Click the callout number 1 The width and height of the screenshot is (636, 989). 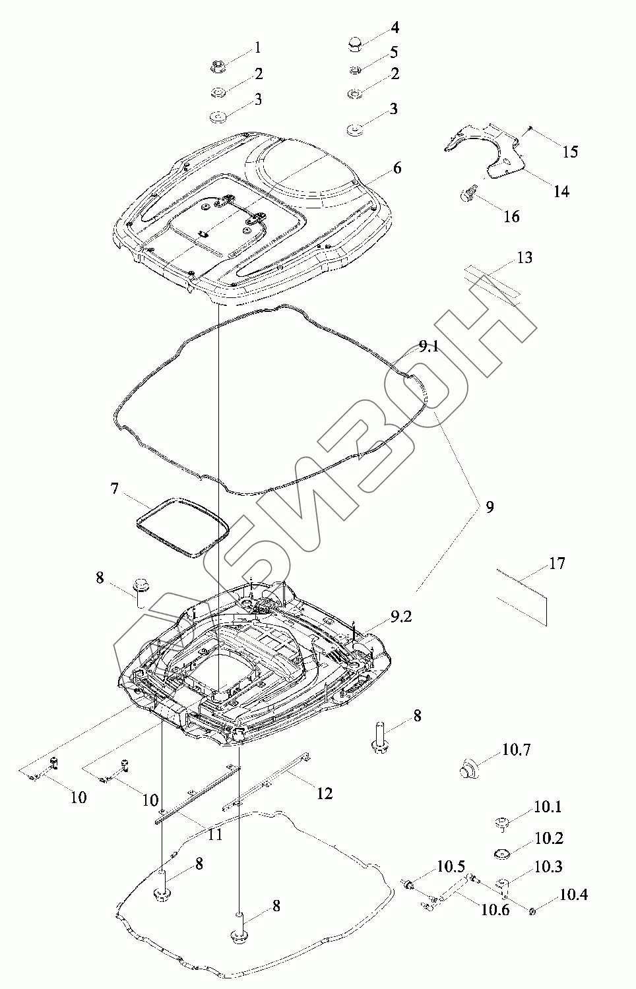[x=257, y=48]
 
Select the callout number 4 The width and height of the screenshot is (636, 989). [x=395, y=28]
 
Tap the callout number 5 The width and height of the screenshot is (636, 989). [x=395, y=51]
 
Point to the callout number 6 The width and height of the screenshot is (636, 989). [x=397, y=168]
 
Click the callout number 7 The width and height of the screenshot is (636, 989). [x=114, y=489]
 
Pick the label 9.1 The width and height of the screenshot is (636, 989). [x=428, y=347]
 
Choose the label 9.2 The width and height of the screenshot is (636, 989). [x=402, y=617]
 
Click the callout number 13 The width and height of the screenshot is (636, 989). [x=524, y=257]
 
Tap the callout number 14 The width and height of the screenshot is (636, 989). [x=561, y=191]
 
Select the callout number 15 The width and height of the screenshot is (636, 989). [x=570, y=151]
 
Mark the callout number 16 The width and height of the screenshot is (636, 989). [x=511, y=216]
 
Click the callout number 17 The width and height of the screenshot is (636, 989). [x=557, y=564]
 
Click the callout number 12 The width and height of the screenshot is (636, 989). [x=325, y=793]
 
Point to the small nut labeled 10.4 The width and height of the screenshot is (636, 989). [x=532, y=911]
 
